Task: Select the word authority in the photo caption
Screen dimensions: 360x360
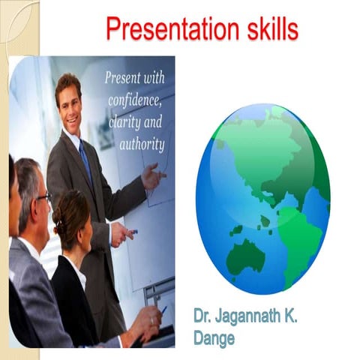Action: (x=141, y=142)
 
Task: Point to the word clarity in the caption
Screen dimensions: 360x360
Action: (x=124, y=122)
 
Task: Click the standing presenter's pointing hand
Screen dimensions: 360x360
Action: (x=154, y=178)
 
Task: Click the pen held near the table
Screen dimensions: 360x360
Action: (x=163, y=308)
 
